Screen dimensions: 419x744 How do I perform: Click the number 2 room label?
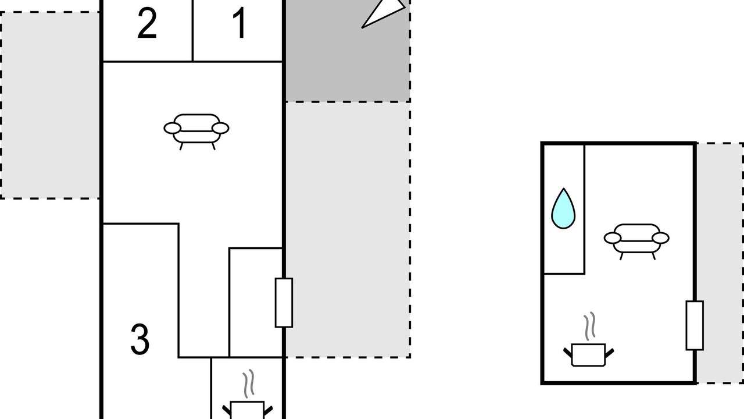147,24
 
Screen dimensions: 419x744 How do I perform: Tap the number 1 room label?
239,24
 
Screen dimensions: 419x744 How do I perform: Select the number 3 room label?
139,340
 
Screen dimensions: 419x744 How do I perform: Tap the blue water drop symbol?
563,208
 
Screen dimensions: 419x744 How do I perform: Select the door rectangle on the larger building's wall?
284,303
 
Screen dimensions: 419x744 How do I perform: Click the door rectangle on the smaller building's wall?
695,325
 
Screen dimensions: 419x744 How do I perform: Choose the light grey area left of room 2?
50,105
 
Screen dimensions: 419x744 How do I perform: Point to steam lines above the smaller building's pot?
590,326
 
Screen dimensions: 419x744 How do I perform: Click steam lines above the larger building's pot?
249,382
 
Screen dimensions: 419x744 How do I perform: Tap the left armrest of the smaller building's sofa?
613,238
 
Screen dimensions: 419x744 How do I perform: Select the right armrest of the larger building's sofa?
220,128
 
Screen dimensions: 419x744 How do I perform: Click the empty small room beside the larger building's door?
256,303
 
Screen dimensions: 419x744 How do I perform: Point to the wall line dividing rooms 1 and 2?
192,30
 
